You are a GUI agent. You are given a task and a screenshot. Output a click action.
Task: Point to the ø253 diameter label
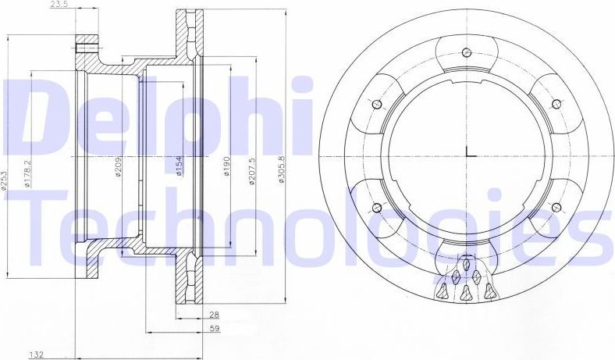click(x=5, y=180)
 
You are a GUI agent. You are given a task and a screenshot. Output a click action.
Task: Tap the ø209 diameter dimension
click(x=118, y=166)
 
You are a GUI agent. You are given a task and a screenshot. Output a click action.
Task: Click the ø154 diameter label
click(x=179, y=166)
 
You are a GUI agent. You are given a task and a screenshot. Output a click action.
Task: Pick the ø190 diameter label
click(x=227, y=167)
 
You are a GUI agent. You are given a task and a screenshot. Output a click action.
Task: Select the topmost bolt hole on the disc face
click(x=466, y=53)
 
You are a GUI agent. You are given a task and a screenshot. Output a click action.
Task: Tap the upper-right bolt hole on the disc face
click(x=556, y=103)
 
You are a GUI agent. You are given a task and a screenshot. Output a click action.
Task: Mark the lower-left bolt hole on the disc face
click(x=377, y=207)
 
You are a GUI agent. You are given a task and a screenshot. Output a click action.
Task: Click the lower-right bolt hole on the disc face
click(x=556, y=207)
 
